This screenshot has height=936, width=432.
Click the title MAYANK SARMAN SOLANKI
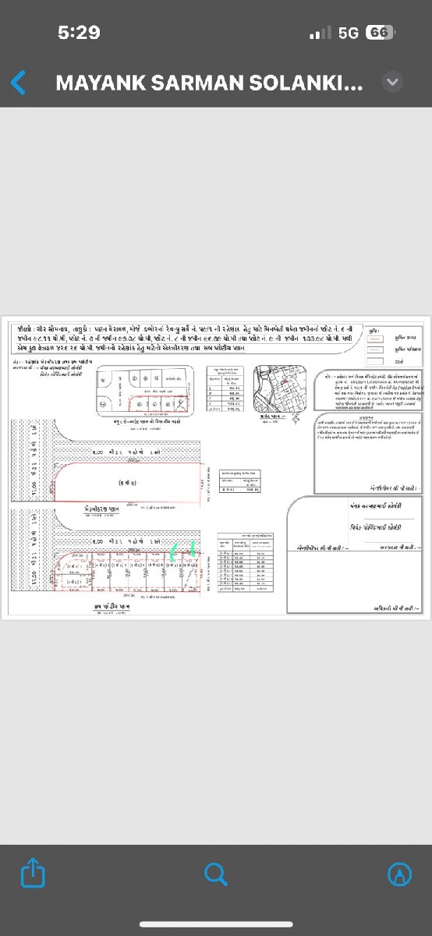tap(209, 83)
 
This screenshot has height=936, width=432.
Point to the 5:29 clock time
tap(79, 33)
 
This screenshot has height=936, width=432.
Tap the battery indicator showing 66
tap(379, 33)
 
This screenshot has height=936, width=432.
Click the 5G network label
tap(349, 33)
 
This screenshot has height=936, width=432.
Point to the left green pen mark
tap(174, 552)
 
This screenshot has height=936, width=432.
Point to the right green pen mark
tap(193, 549)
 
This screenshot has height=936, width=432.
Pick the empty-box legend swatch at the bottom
tap(376, 361)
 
